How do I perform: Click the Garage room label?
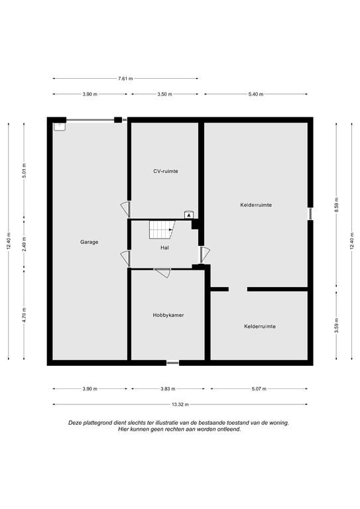pyautogui.click(x=89, y=242)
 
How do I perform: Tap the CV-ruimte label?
pyautogui.click(x=166, y=171)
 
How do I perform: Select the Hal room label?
pyautogui.click(x=164, y=248)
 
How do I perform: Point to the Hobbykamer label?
pyautogui.click(x=168, y=315)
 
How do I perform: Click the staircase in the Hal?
pyautogui.click(x=162, y=229)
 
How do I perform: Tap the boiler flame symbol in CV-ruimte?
pyautogui.click(x=189, y=215)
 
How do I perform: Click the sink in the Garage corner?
pyautogui.click(x=60, y=127)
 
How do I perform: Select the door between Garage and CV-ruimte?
pyautogui.click(x=125, y=209)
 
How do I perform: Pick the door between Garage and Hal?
pyautogui.click(x=125, y=258)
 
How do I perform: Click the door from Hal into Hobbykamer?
pyautogui.click(x=162, y=272)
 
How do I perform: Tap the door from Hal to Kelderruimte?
pyautogui.click(x=204, y=254)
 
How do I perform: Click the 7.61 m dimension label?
pyautogui.click(x=125, y=79)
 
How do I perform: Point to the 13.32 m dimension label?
pyautogui.click(x=180, y=404)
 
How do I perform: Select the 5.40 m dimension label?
pyautogui.click(x=256, y=94)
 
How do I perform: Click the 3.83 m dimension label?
pyautogui.click(x=168, y=389)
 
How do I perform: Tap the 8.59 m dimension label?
pyautogui.click(x=337, y=205)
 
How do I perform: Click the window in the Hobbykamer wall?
pyautogui.click(x=172, y=363)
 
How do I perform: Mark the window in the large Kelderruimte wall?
pyautogui.click(x=310, y=213)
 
